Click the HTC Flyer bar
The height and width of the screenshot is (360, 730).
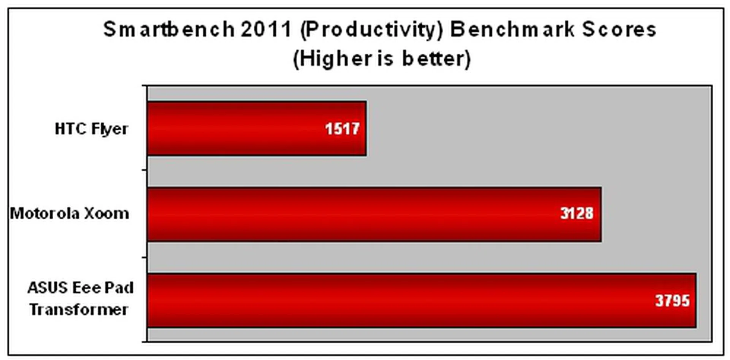coord(257,128)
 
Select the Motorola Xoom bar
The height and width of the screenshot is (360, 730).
coord(375,214)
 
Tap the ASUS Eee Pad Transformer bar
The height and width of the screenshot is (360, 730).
coord(422,300)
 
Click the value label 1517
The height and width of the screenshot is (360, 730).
coord(342,129)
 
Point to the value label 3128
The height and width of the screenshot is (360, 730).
coord(577,213)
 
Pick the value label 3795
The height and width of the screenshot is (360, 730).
coord(672,301)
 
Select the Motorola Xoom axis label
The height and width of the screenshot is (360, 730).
coord(70,214)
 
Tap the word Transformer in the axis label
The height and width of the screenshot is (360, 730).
coord(79,309)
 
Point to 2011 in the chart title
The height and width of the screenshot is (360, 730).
coord(266,29)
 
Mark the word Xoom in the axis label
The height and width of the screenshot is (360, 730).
coord(106,214)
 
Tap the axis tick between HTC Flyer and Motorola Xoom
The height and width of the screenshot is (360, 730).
coord(145,171)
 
